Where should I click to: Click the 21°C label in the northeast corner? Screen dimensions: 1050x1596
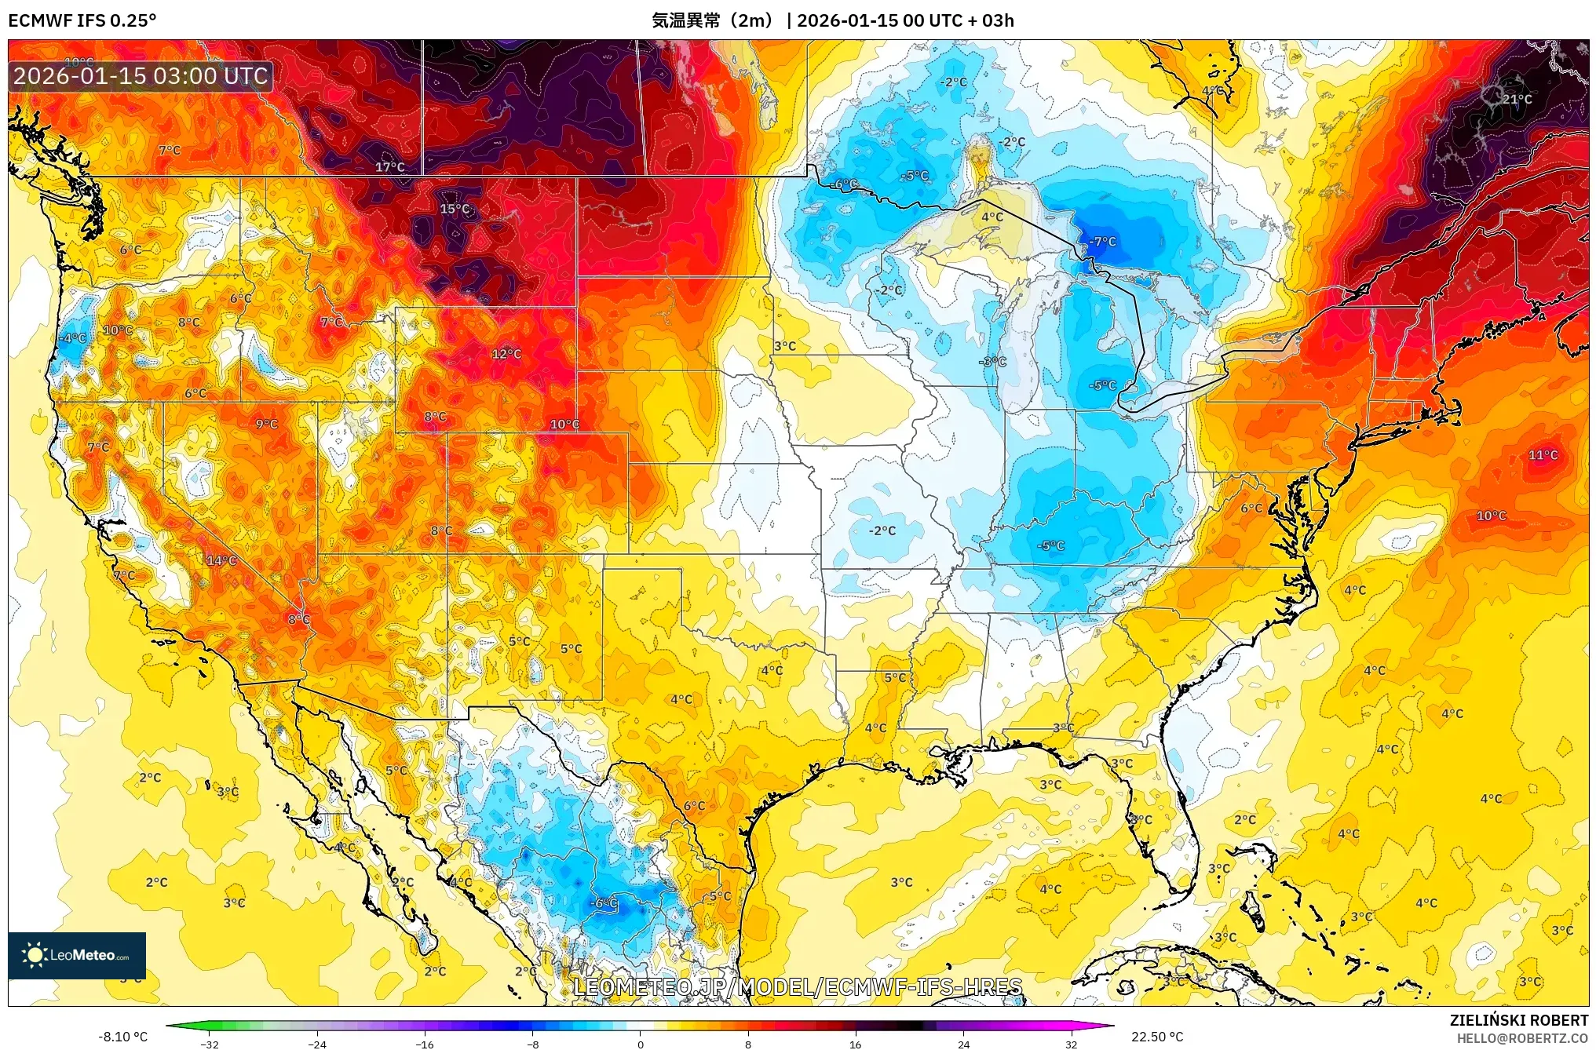[1517, 100]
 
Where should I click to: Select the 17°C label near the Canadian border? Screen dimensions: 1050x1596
[389, 167]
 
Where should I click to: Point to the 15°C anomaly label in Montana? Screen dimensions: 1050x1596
[454, 209]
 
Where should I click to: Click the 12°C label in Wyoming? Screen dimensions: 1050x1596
[506, 354]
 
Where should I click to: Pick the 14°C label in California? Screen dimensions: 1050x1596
[221, 560]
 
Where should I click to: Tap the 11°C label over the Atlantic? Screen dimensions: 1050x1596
[1543, 455]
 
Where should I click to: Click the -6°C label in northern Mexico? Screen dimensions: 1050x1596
[604, 903]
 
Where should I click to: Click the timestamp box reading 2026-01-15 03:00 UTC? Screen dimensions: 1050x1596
[141, 76]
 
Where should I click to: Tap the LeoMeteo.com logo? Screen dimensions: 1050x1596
[77, 955]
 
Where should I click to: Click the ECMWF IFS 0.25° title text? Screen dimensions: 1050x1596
[82, 20]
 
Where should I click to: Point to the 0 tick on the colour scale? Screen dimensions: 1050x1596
[640, 1044]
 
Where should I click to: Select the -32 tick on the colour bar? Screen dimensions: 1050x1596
[210, 1044]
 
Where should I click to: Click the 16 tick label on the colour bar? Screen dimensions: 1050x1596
[855, 1044]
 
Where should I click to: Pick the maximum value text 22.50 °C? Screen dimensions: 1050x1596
[1156, 1037]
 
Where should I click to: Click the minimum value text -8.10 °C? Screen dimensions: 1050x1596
[122, 1037]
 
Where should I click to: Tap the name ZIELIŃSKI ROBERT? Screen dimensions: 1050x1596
[1518, 1020]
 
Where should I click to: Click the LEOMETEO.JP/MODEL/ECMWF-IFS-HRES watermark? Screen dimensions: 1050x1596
[798, 987]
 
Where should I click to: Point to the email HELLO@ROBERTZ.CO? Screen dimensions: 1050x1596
[1522, 1038]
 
